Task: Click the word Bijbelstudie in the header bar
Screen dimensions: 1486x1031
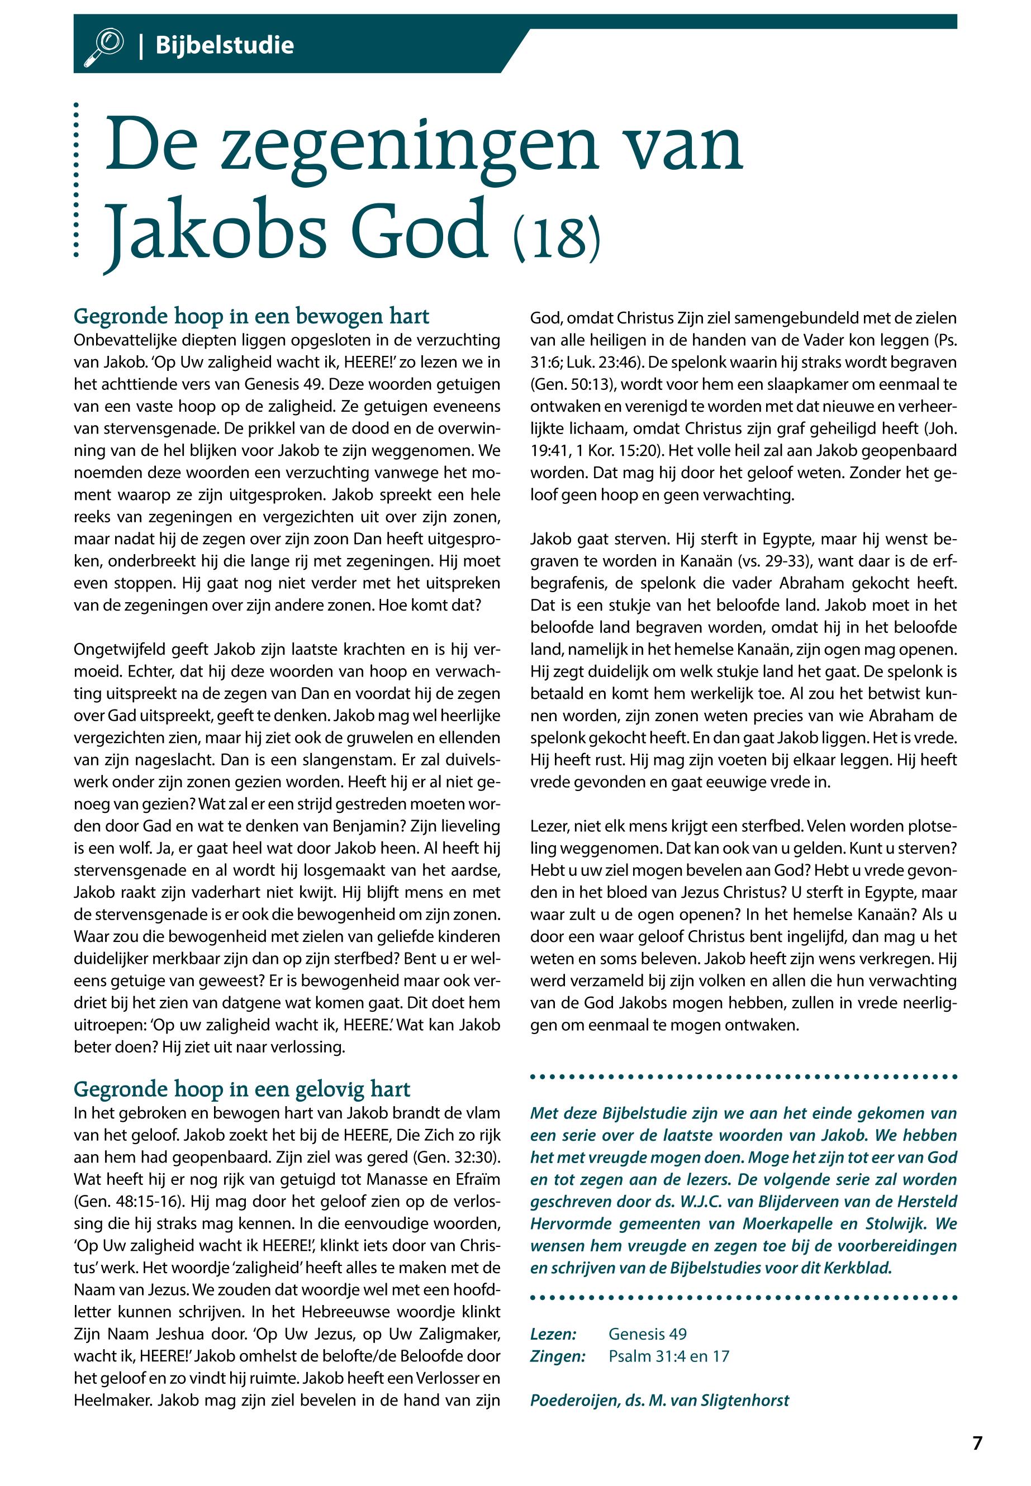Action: click(x=224, y=46)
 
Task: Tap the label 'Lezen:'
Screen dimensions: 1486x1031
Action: click(x=553, y=1334)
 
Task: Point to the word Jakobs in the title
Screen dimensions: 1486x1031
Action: click(x=216, y=229)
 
